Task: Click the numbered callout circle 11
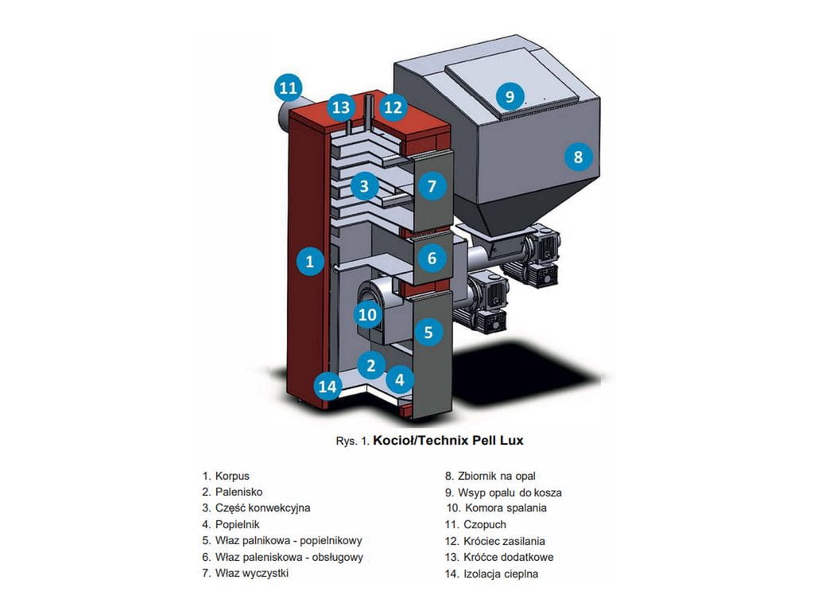click(x=289, y=87)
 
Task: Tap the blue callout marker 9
click(x=510, y=96)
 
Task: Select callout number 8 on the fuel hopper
click(x=578, y=157)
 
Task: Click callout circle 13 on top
click(x=341, y=107)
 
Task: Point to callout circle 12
click(x=393, y=107)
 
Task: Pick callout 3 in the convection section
click(x=363, y=187)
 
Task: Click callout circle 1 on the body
click(x=310, y=260)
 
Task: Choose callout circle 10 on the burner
click(x=366, y=315)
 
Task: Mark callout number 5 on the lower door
click(x=428, y=331)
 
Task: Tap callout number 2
click(x=370, y=365)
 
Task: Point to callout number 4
click(x=400, y=379)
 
